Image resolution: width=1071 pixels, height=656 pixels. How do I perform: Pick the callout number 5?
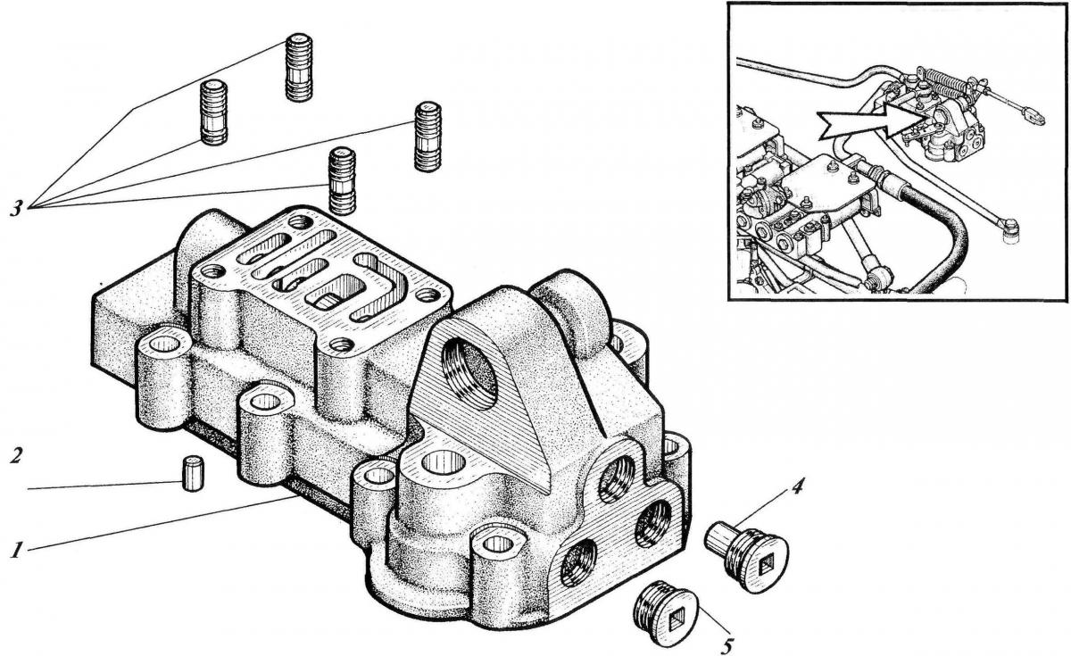pyautogui.click(x=726, y=642)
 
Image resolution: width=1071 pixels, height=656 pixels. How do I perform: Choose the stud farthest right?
pyautogui.click(x=428, y=137)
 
